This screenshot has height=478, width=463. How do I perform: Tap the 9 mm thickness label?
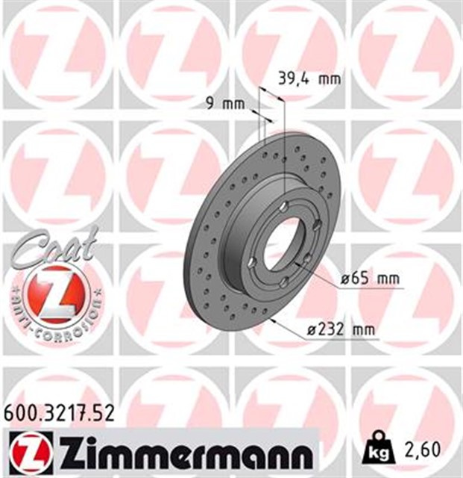[x=227, y=105]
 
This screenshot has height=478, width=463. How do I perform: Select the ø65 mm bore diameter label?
[x=371, y=279]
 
